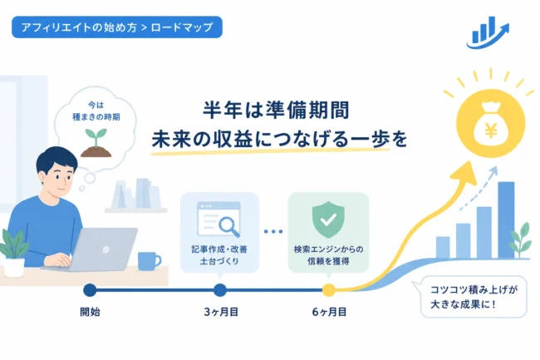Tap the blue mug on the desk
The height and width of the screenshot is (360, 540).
point(149,261)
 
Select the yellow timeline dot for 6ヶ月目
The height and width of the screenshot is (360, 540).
point(328,290)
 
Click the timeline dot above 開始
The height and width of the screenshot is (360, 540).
point(90,290)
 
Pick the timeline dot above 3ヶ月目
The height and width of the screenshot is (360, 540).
point(220,290)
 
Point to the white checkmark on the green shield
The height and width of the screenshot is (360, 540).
point(328,219)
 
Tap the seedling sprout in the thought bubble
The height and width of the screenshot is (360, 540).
point(96,138)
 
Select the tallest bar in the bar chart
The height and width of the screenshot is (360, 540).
point(506,220)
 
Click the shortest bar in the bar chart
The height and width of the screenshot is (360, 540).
point(443,248)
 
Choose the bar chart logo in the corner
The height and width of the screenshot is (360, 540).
point(488,32)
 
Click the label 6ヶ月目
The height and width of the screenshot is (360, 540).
point(329,312)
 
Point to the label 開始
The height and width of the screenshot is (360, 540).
point(90,312)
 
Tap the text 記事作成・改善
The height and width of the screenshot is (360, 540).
point(219,249)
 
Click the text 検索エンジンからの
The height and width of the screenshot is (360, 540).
point(328,249)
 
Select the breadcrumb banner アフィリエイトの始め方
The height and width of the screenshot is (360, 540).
point(117,27)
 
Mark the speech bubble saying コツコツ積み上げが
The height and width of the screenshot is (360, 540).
point(474,297)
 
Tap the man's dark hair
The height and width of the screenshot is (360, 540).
point(56,160)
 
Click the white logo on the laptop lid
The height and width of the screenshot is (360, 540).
point(106,249)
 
